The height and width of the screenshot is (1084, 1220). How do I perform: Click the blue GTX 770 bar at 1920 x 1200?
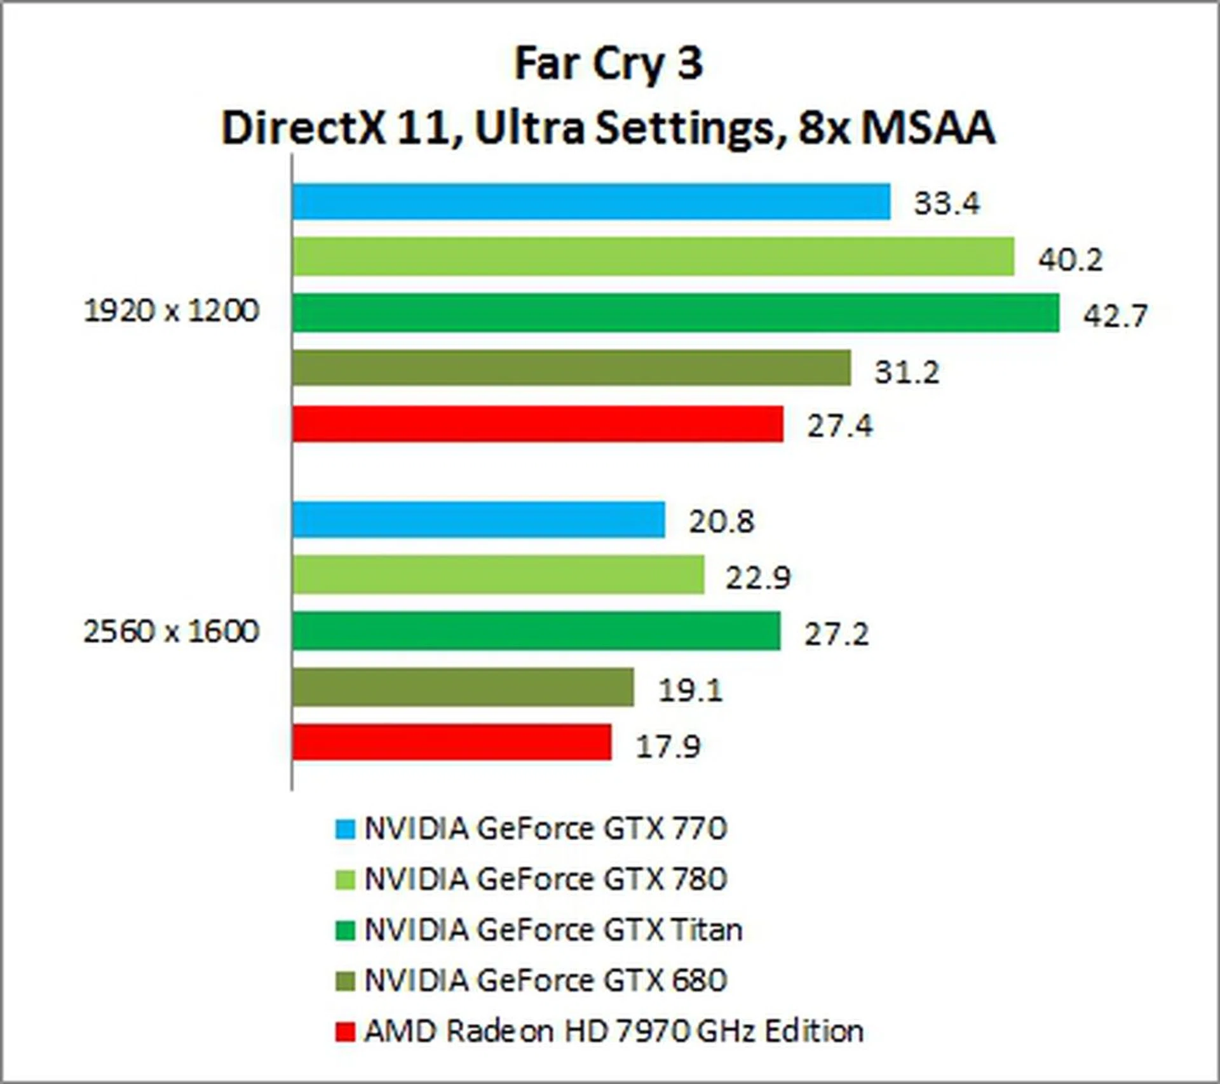(x=591, y=201)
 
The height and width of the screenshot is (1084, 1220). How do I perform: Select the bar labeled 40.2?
(x=653, y=257)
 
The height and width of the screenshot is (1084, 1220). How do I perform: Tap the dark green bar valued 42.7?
(x=675, y=313)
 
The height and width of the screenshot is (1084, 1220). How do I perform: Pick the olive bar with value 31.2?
(x=571, y=368)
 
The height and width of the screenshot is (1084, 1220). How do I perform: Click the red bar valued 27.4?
(x=538, y=424)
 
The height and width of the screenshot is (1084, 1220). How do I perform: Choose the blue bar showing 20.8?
(x=478, y=520)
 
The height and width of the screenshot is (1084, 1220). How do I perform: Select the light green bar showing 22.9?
(x=498, y=575)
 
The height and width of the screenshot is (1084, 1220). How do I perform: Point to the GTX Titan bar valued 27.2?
(x=536, y=631)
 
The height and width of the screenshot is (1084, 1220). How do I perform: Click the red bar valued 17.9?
(x=452, y=742)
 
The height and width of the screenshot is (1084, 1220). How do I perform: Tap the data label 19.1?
(x=690, y=690)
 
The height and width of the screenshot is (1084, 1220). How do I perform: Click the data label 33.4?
(x=946, y=203)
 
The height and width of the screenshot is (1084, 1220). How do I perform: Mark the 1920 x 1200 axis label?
(x=172, y=311)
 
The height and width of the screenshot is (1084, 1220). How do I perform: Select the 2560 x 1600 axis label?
(x=172, y=632)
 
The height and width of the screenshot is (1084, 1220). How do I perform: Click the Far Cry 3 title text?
(x=609, y=64)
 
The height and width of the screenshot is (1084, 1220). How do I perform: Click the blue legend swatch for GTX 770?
(x=345, y=829)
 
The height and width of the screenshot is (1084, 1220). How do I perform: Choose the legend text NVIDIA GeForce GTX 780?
(x=545, y=879)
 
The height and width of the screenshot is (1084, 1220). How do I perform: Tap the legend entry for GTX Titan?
(x=553, y=930)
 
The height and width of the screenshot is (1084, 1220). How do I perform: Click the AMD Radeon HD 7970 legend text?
(x=613, y=1031)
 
